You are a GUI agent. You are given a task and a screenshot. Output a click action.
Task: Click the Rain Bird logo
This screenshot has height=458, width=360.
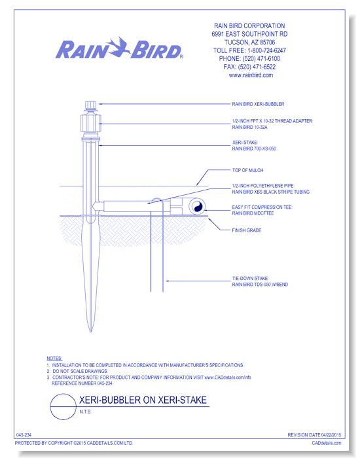[x=119, y=48]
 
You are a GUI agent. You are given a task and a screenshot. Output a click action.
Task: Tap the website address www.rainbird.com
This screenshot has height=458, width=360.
[x=251, y=75]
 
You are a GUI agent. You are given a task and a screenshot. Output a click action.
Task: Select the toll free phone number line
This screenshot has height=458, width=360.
[x=249, y=50]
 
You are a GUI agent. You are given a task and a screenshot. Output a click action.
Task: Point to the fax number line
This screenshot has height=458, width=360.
[x=249, y=67]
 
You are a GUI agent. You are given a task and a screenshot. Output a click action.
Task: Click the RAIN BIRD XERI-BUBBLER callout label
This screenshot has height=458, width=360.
[x=258, y=104]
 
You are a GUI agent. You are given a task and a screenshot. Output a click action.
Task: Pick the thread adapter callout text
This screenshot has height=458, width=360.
[x=272, y=124]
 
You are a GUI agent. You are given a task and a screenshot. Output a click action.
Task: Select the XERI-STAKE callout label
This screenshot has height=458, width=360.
[x=254, y=145]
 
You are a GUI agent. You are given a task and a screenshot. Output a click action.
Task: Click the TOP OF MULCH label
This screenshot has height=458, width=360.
[x=247, y=170]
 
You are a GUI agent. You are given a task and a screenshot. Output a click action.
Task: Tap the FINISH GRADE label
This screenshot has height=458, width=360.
[x=247, y=230]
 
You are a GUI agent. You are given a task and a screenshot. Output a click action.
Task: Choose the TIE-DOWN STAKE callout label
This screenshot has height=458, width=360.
[x=260, y=281]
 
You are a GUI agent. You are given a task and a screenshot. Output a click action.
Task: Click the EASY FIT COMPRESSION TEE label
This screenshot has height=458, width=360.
[x=262, y=210]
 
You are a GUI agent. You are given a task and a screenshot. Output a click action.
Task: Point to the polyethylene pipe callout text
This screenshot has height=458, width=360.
[x=270, y=188]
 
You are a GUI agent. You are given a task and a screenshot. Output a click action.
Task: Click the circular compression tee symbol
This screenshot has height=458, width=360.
[x=196, y=207]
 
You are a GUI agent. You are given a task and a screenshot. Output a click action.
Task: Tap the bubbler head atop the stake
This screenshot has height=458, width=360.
[x=90, y=106]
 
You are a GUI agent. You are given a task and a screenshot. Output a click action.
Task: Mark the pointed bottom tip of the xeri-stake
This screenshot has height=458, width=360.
[x=90, y=332]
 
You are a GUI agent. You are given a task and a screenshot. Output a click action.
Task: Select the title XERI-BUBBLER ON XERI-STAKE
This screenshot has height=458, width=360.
[x=143, y=400]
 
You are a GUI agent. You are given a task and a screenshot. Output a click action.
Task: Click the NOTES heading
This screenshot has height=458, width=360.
[x=54, y=359]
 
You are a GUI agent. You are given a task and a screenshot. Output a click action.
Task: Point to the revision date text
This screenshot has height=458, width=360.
[x=314, y=435]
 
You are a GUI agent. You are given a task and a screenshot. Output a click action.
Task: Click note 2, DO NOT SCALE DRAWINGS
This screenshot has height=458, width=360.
[x=77, y=371]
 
